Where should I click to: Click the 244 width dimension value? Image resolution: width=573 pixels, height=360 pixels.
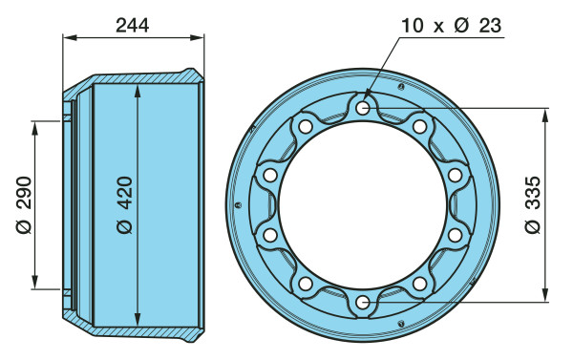tap(133, 26)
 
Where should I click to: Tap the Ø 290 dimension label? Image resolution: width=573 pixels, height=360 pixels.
tap(24, 205)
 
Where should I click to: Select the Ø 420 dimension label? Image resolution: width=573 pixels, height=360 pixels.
tap(124, 205)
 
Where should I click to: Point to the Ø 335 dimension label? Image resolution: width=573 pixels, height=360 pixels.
tap(533, 205)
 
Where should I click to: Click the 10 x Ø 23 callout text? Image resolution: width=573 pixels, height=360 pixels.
tap(451, 26)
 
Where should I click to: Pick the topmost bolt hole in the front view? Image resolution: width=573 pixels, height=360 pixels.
tap(363, 108)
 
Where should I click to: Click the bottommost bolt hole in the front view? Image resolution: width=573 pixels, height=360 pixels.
tap(363, 303)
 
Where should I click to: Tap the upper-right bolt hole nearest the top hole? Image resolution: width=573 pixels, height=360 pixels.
tap(419, 126)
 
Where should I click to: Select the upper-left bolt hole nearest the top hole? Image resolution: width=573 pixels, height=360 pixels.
tap(306, 126)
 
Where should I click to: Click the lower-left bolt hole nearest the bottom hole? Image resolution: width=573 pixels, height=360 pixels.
tap(306, 284)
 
